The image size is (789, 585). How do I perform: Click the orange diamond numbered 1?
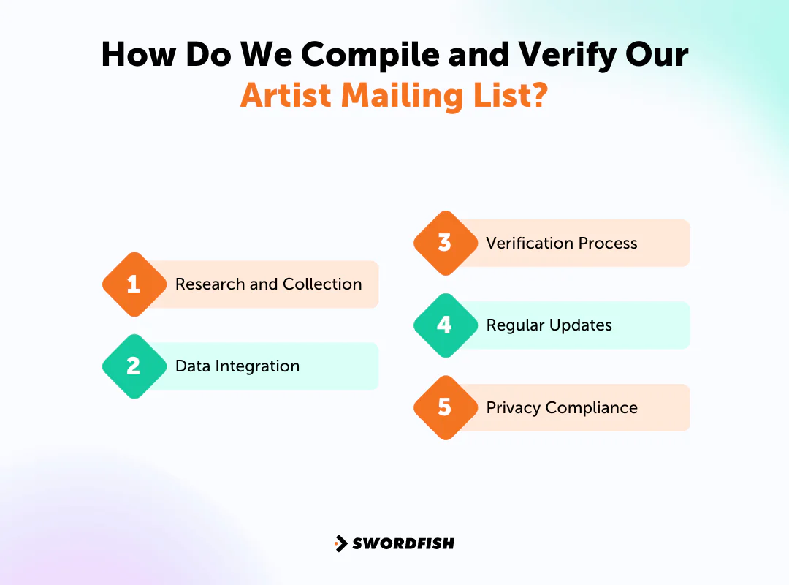pyautogui.click(x=134, y=284)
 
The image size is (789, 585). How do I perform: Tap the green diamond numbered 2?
pyautogui.click(x=134, y=366)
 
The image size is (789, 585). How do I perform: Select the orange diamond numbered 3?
pyautogui.click(x=445, y=244)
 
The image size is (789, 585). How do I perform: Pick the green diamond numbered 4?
pyautogui.click(x=445, y=325)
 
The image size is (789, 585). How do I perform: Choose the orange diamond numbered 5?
pyautogui.click(x=445, y=407)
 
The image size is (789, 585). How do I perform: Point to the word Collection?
pyautogui.click(x=322, y=284)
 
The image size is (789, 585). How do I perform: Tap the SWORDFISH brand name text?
pyautogui.click(x=403, y=543)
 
